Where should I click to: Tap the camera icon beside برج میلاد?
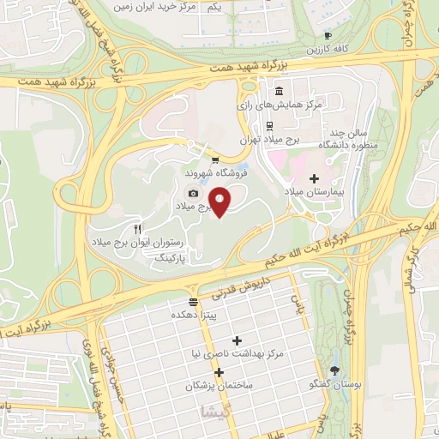(x=194, y=194)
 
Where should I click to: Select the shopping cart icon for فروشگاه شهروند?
(x=214, y=159)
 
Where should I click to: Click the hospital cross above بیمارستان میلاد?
(x=314, y=178)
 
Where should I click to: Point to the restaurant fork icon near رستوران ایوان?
(x=137, y=230)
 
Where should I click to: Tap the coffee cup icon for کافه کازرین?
(x=328, y=35)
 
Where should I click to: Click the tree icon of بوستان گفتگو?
(x=334, y=371)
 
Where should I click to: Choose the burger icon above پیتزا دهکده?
(x=193, y=302)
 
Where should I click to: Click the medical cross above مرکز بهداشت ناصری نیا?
(x=238, y=340)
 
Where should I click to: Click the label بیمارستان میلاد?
(x=313, y=194)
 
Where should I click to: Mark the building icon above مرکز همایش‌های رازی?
(x=280, y=91)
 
